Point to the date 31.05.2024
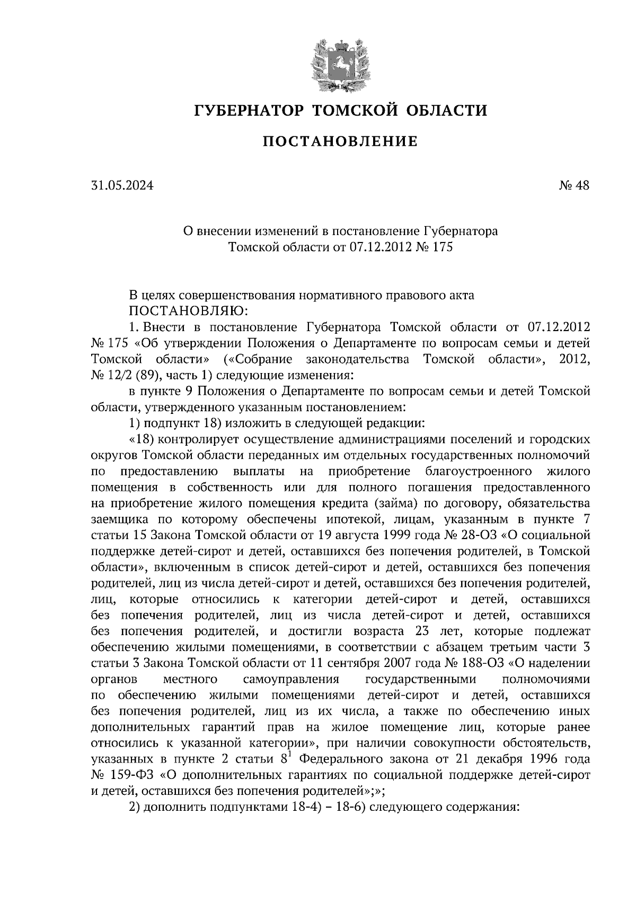(122, 186)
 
